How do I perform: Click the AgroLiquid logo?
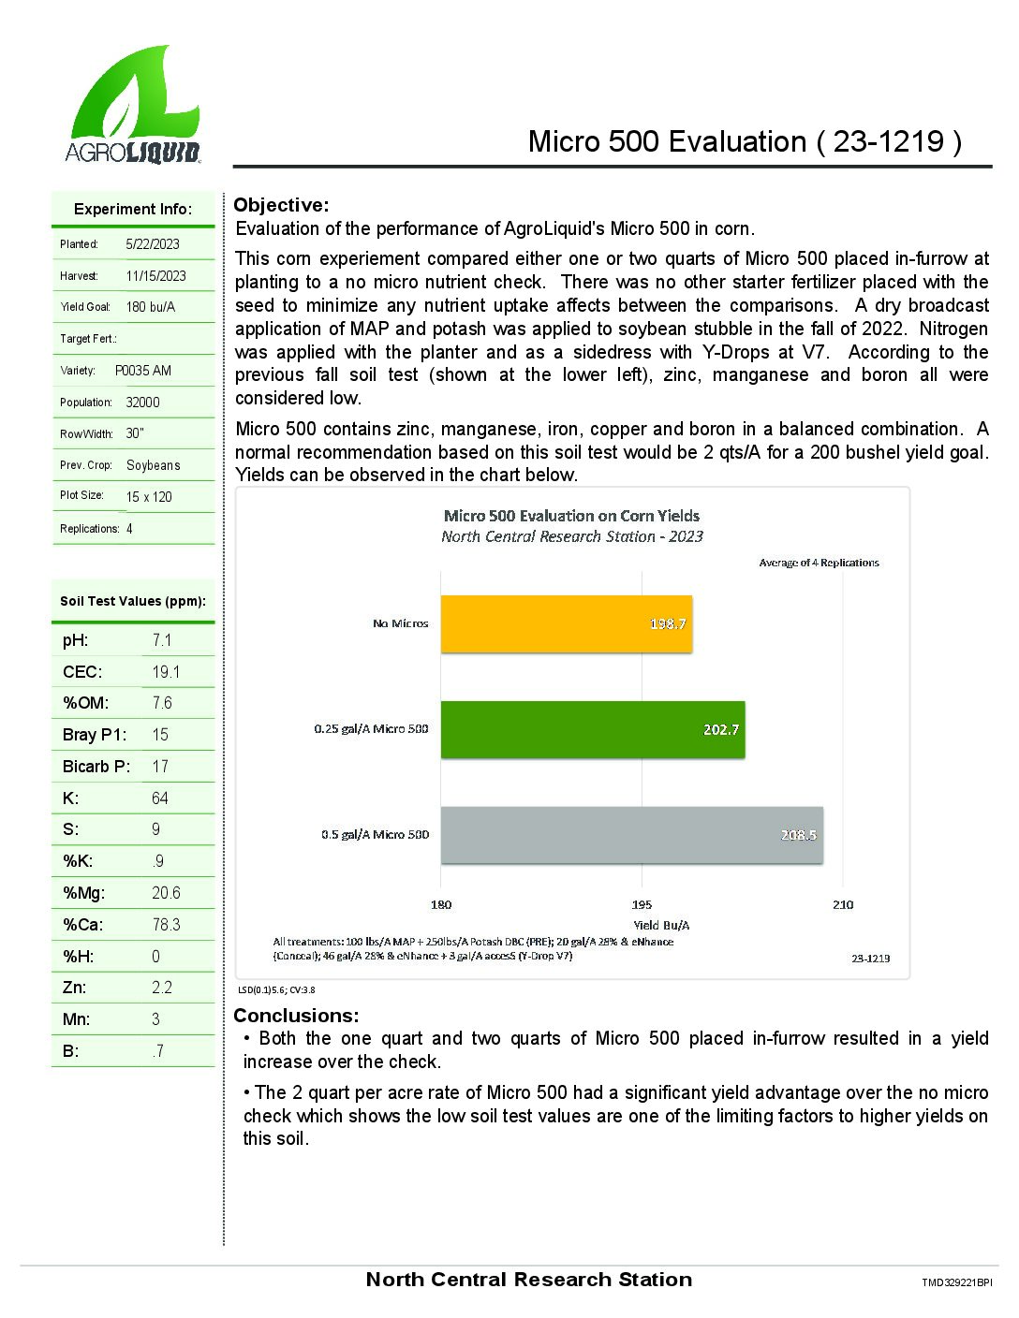point(134,105)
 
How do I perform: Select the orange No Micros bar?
point(566,624)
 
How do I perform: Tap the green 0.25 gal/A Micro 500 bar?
point(592,730)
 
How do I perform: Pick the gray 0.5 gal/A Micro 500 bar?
point(631,835)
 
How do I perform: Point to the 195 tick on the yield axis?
point(642,904)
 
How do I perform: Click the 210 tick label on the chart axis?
point(843,904)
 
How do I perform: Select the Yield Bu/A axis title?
point(661,925)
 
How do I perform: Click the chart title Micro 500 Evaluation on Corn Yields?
point(571,516)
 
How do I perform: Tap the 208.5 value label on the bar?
point(798,835)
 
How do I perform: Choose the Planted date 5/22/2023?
point(153,244)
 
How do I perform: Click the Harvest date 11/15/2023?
point(155,276)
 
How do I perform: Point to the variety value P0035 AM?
point(143,371)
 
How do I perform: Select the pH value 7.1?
point(162,640)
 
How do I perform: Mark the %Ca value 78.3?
point(166,925)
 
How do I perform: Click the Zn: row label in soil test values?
point(74,988)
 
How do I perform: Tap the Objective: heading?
point(281,205)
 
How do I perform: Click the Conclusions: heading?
point(296,1016)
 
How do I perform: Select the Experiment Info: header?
point(133,209)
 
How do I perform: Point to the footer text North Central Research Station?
point(529,1280)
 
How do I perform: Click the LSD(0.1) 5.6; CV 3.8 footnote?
point(276,989)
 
